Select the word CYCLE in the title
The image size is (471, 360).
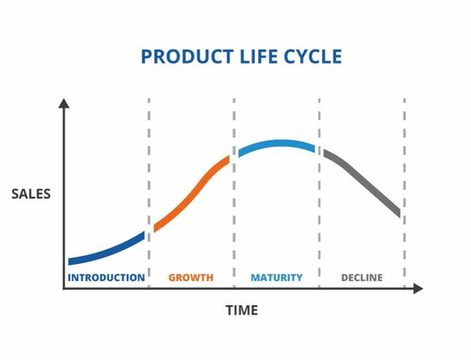pyautogui.click(x=311, y=56)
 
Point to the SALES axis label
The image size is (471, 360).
pyautogui.click(x=31, y=194)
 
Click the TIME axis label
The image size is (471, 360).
pyautogui.click(x=241, y=310)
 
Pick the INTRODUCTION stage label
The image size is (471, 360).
pyautogui.click(x=106, y=277)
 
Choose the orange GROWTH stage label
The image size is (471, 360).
pyautogui.click(x=190, y=277)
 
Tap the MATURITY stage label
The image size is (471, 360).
pyautogui.click(x=277, y=277)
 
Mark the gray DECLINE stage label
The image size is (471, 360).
pyautogui.click(x=361, y=277)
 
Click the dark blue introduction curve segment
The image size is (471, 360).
pyautogui.click(x=105, y=251)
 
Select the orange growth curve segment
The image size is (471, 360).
pyautogui.click(x=192, y=193)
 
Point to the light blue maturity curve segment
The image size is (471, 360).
pyautogui.click(x=277, y=144)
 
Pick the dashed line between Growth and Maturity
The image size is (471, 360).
pyautogui.click(x=234, y=210)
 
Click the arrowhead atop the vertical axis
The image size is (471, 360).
pyautogui.click(x=64, y=104)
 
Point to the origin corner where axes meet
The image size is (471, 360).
pyautogui.click(x=64, y=288)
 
